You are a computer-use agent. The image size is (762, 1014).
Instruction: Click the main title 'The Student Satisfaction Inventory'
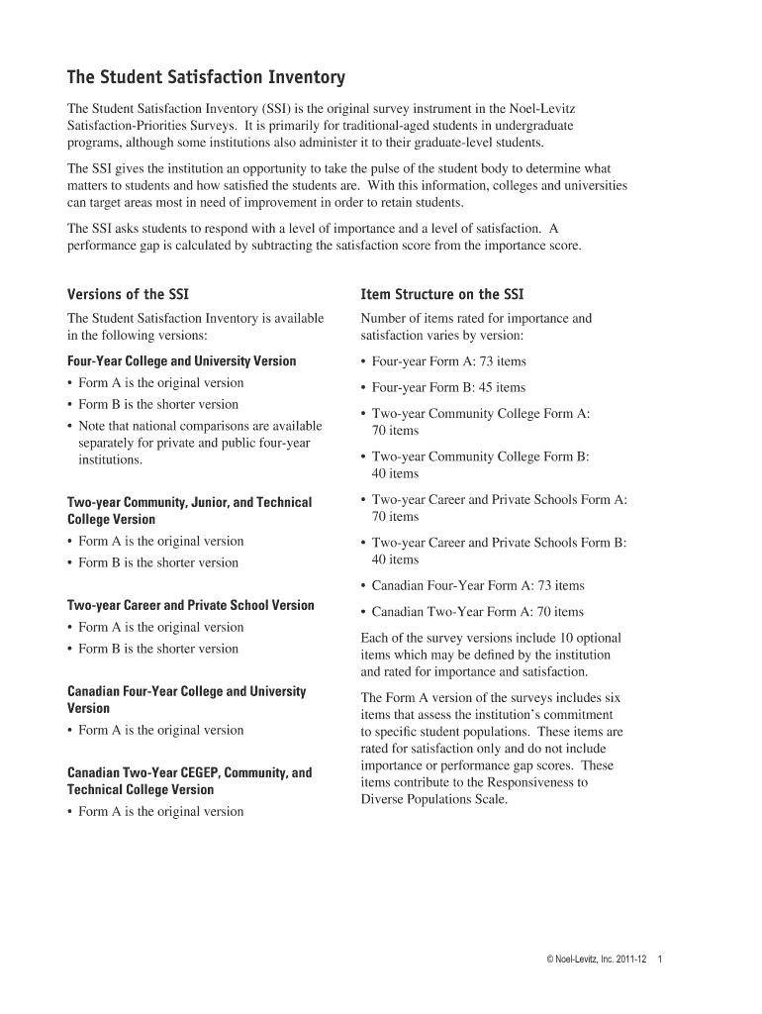206,76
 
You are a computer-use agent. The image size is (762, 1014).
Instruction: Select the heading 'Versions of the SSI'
128,294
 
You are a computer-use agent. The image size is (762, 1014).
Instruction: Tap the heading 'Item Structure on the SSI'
442,294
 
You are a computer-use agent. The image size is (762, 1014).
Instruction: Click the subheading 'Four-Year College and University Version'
181,361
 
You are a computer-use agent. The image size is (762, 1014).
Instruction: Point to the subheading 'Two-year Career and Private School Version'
190,605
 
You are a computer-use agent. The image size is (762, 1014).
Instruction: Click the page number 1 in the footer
659,960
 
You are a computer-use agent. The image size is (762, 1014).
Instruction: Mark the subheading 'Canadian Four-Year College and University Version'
186,699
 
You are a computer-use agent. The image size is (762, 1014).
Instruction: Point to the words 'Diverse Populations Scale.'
434,799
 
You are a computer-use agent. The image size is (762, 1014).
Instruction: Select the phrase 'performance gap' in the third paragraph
112,246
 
